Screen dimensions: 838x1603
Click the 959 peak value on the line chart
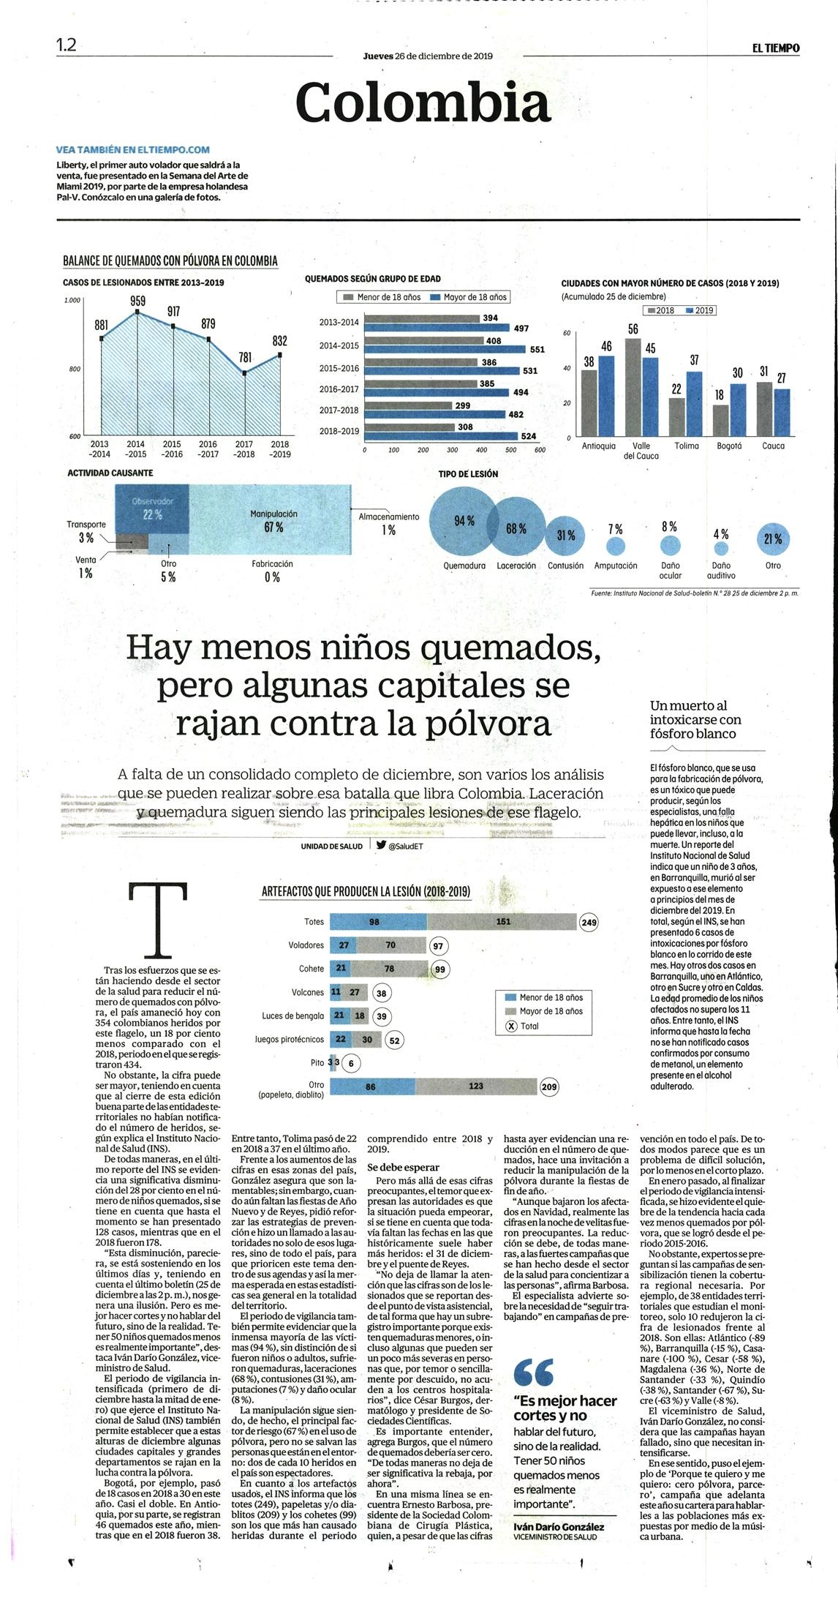137,301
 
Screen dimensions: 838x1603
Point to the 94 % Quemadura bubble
464,521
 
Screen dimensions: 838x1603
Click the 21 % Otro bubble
773,538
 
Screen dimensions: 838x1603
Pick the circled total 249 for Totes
589,923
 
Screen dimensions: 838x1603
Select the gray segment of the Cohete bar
390,969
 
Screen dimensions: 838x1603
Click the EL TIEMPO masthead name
776,48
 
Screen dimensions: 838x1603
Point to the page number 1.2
67,45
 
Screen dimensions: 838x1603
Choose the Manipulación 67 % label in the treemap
274,520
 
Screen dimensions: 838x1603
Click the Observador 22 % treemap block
153,509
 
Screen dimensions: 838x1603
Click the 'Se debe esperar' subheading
403,1167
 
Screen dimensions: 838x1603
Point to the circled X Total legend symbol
511,1026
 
